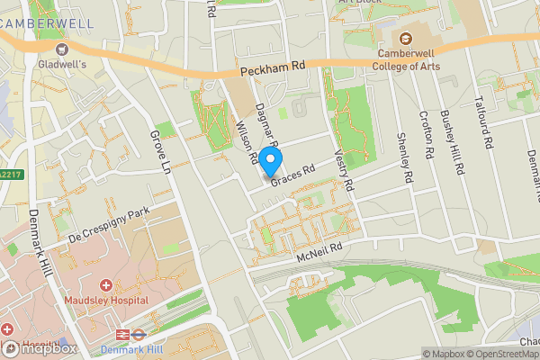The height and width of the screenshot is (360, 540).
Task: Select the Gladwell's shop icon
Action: pos(62,49)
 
